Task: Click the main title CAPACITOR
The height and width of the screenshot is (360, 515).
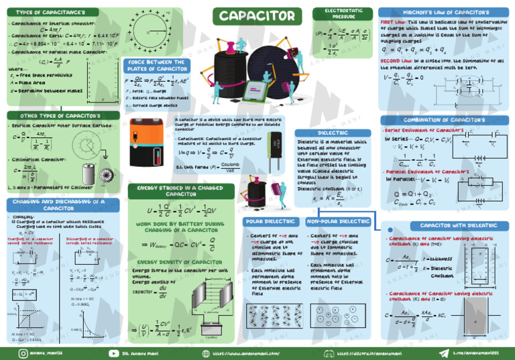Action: click(256, 15)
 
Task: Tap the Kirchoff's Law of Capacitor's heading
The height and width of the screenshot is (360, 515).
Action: click(443, 12)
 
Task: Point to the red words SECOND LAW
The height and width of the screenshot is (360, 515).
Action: click(396, 60)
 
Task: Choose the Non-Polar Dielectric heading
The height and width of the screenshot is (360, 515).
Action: click(335, 221)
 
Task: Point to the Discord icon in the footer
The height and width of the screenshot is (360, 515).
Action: click(329, 351)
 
